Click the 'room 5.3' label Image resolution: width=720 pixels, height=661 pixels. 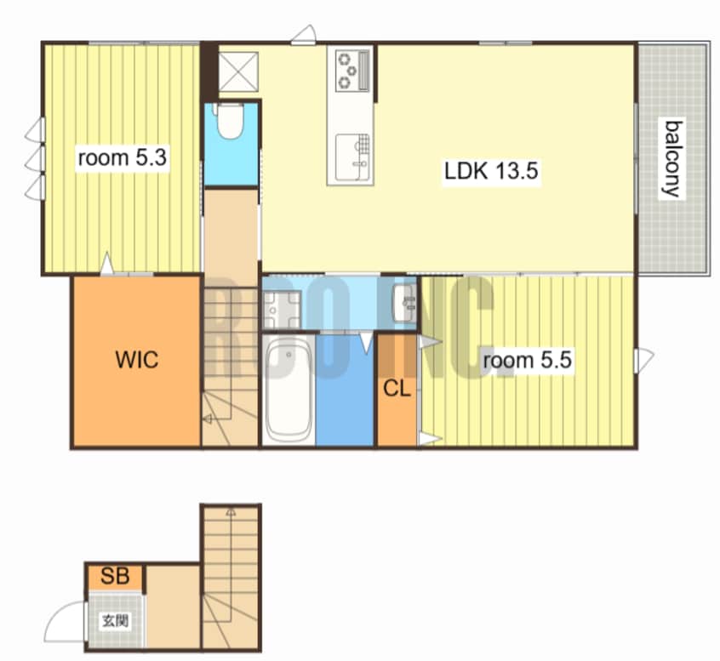(123, 157)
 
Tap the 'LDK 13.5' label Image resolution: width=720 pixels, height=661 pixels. (491, 171)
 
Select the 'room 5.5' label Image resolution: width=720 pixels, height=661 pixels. (527, 360)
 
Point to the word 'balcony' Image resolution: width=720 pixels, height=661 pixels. (672, 159)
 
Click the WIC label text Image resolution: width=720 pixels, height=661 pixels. (137, 359)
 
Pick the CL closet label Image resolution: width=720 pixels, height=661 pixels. (397, 390)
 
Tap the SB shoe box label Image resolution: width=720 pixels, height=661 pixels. (115, 576)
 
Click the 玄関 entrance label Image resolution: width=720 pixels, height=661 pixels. (115, 621)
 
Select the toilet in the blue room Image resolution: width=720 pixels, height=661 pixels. (229, 120)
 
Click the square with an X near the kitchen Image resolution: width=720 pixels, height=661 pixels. (238, 71)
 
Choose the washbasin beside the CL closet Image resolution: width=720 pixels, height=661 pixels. (404, 303)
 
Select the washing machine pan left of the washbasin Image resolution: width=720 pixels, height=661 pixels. (281, 311)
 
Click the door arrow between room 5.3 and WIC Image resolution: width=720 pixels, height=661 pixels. (107, 263)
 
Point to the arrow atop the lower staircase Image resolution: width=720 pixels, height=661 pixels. (231, 512)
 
